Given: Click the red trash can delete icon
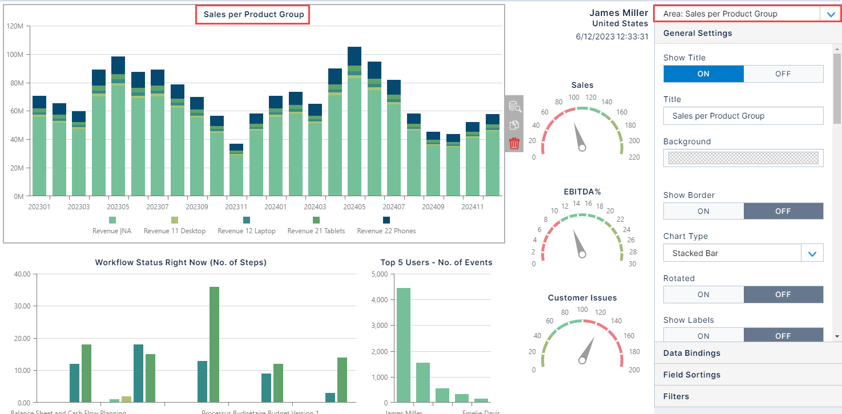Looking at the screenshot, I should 514,143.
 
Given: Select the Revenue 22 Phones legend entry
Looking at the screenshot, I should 386,226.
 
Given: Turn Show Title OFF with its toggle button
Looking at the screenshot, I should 783,74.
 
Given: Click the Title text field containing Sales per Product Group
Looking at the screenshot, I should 743,116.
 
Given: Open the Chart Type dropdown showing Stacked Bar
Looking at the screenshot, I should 743,253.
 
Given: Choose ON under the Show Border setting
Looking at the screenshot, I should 703,211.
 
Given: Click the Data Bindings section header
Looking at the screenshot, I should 691,353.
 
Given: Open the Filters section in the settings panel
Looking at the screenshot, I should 676,396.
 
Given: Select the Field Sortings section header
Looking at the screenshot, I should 691,375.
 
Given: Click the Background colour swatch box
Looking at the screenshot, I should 743,158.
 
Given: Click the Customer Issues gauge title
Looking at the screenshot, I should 582,298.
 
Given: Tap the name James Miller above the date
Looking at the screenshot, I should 618,13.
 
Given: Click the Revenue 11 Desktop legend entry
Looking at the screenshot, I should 175,226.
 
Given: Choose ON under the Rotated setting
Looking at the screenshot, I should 703,294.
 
